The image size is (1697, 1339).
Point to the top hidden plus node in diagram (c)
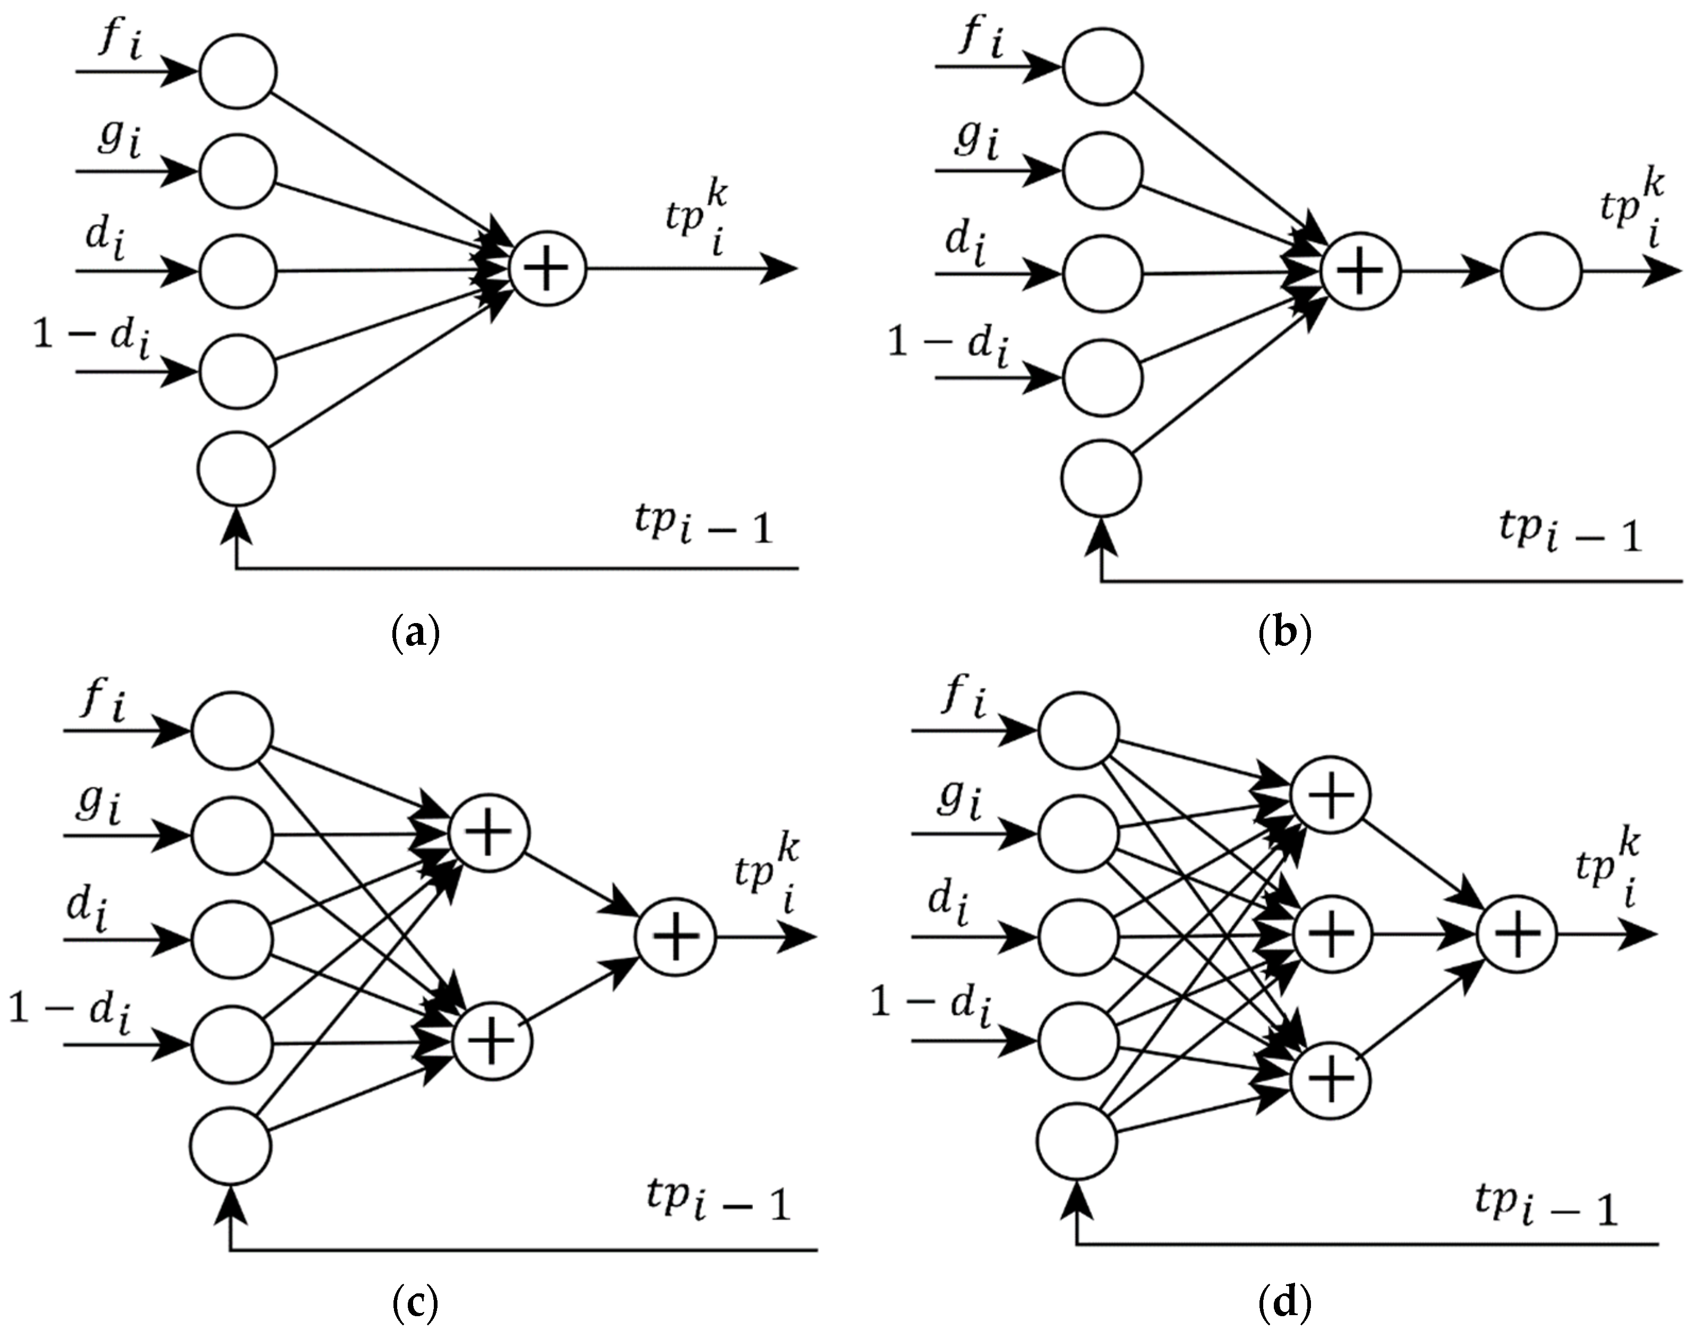pos(488,833)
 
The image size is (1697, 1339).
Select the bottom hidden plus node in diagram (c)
pos(492,1042)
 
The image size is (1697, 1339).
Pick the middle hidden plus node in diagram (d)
pos(1331,934)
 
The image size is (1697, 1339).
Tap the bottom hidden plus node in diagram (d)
pos(1331,1081)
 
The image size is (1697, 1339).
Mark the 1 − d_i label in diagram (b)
pos(947,345)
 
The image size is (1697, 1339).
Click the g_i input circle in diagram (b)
pos(1102,171)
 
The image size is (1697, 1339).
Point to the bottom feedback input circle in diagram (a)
pos(237,468)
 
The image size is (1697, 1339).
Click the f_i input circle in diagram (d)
pos(1078,731)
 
